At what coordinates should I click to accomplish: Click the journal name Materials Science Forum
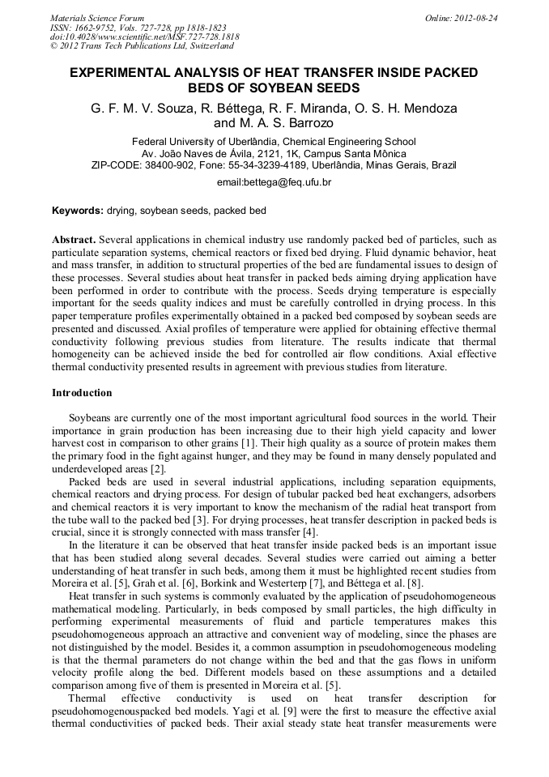pos(97,18)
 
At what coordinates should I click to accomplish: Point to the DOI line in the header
pos(144,37)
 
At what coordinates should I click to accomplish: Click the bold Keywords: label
pos(78,211)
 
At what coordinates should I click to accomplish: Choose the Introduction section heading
pos(82,393)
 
